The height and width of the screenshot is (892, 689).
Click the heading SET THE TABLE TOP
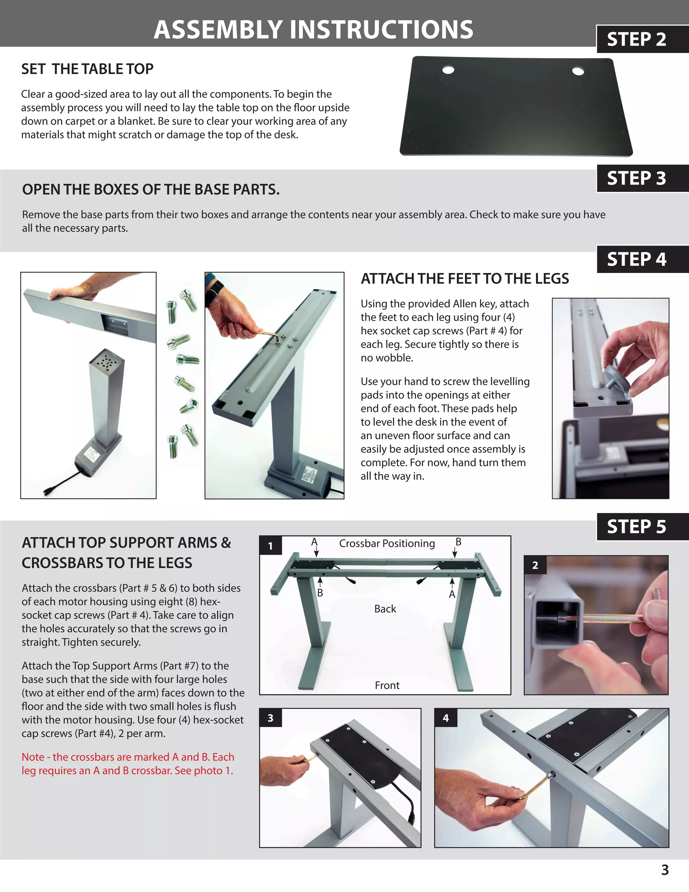click(87, 69)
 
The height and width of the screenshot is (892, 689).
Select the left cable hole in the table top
click(448, 70)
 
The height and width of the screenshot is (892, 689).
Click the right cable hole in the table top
click(578, 71)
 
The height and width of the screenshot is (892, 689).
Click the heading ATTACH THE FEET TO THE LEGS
click(465, 279)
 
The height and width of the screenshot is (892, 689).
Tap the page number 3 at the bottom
click(664, 869)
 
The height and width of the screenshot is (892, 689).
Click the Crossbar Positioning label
click(387, 543)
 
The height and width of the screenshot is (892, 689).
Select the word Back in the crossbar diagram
click(385, 609)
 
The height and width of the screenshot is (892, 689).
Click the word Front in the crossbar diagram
click(387, 685)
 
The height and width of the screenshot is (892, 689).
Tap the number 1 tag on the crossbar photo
click(270, 546)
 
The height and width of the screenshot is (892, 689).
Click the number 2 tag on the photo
click(535, 565)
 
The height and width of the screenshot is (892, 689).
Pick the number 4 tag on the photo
click(445, 718)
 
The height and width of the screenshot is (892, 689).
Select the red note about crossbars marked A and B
click(128, 763)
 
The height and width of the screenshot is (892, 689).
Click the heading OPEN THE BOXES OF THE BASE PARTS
click(151, 190)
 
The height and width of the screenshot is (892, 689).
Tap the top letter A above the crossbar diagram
click(314, 542)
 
